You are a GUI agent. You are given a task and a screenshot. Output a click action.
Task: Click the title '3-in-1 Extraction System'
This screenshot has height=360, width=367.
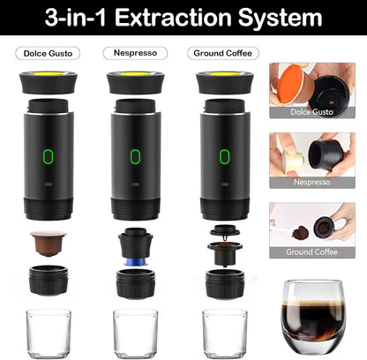point(183,18)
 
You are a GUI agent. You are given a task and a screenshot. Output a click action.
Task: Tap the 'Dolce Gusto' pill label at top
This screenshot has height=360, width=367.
point(48,53)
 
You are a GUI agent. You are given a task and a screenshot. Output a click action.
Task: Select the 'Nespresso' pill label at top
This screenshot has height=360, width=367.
point(135,53)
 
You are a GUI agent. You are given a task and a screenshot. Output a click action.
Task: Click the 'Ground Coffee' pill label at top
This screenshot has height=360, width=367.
point(224,53)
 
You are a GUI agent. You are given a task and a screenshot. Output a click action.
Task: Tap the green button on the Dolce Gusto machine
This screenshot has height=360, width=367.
point(48,157)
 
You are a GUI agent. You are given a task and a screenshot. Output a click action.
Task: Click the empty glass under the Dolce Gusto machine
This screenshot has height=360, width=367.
point(48,333)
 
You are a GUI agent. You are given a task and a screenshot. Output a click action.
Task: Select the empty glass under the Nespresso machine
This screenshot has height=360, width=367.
point(135,333)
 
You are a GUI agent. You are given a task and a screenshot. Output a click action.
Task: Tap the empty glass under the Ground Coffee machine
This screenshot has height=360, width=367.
point(224,333)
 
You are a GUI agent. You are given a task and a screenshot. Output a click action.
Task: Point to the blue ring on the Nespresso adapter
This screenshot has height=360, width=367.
point(135,262)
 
